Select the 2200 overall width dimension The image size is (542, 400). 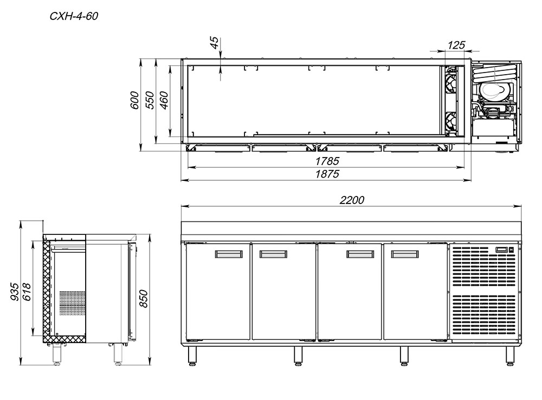pyautogui.click(x=352, y=200)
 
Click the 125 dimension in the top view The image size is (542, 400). pyautogui.click(x=457, y=45)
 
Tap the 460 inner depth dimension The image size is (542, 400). pyautogui.click(x=164, y=101)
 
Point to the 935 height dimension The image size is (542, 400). pyautogui.click(x=15, y=292)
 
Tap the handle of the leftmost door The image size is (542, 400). pyautogui.click(x=229, y=254)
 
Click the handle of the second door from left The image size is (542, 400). pyautogui.click(x=273, y=254)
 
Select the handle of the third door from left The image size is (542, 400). pyautogui.click(x=360, y=254)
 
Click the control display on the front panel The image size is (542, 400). pyautogui.click(x=504, y=250)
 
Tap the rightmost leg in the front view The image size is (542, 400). pyautogui.click(x=509, y=355)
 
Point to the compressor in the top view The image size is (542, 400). pyautogui.click(x=493, y=90)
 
